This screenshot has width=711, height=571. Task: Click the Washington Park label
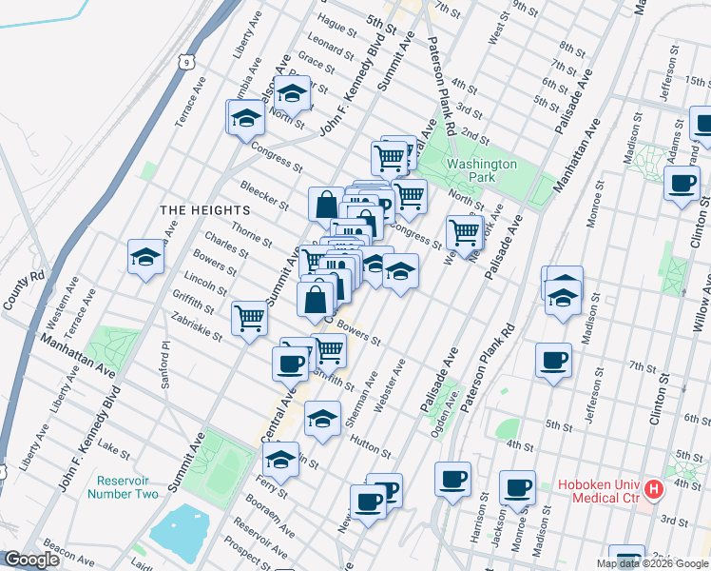click(x=482, y=170)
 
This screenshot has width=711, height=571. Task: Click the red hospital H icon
click(x=653, y=491)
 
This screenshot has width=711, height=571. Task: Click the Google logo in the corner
click(x=31, y=561)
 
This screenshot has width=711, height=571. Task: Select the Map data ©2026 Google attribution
click(x=652, y=563)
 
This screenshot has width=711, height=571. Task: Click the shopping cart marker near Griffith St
click(x=249, y=317)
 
